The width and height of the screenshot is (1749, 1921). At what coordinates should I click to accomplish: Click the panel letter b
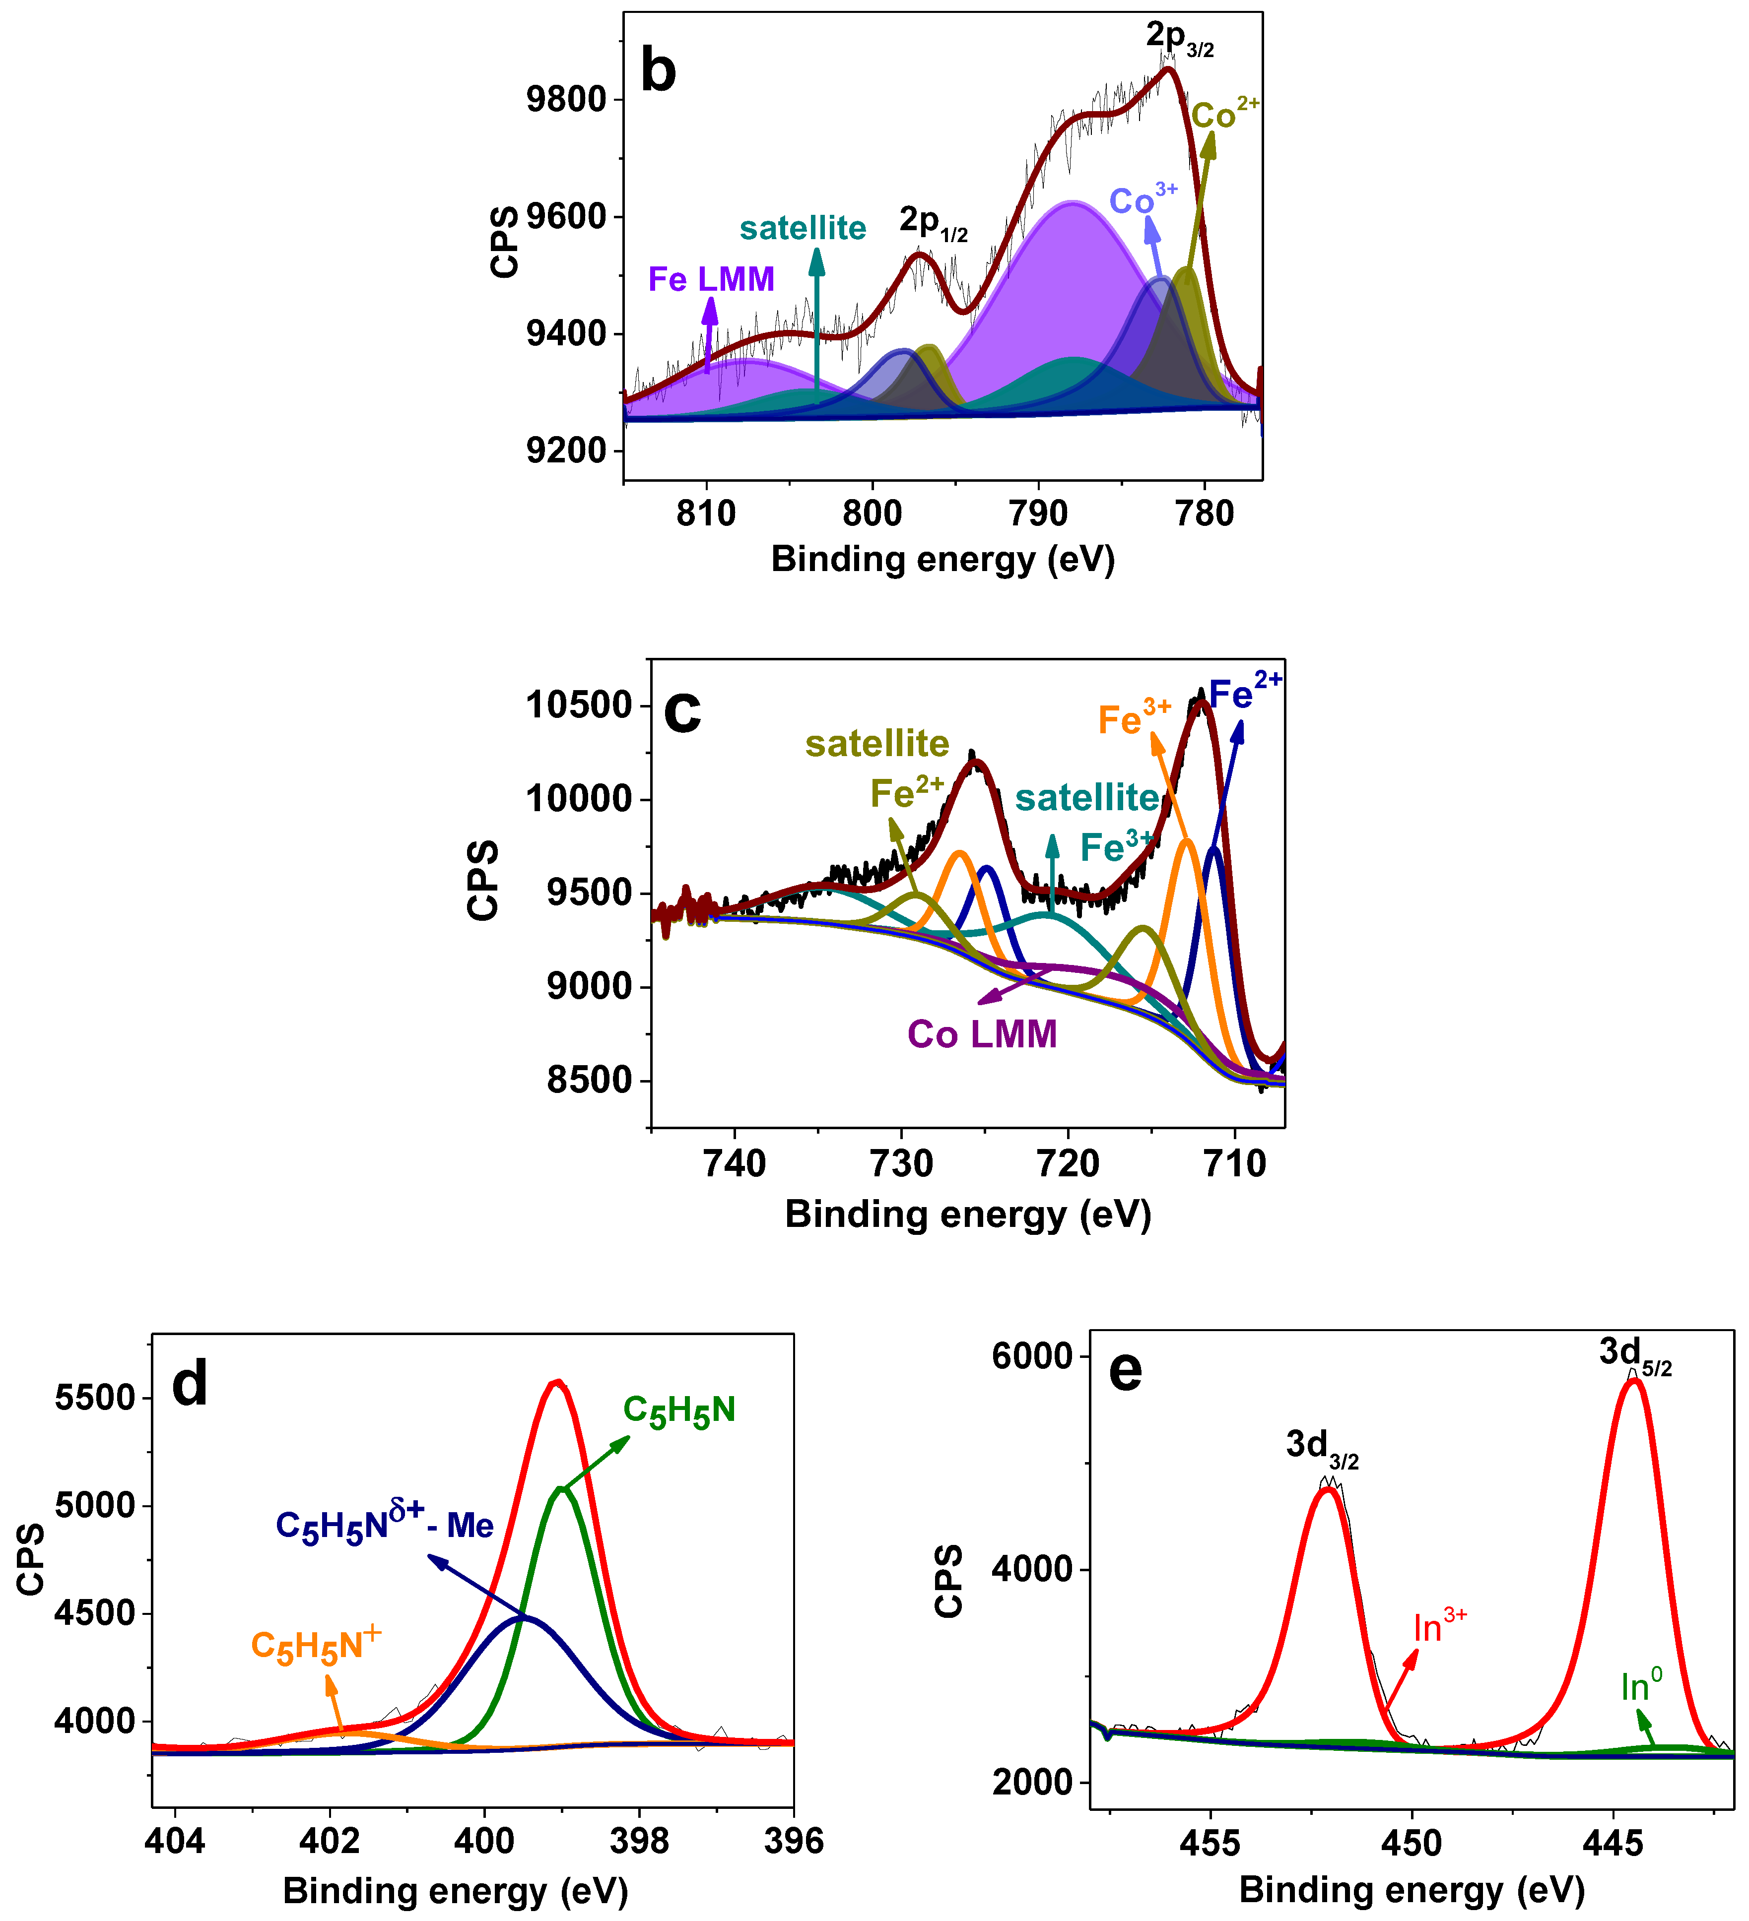(x=658, y=71)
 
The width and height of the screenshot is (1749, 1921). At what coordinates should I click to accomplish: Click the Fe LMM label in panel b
(x=711, y=279)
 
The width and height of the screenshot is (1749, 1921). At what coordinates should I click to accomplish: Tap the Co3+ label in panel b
(x=1143, y=200)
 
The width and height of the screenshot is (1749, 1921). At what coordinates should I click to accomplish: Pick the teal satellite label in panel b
(x=803, y=229)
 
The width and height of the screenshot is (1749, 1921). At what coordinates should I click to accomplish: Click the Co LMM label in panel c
(x=982, y=1035)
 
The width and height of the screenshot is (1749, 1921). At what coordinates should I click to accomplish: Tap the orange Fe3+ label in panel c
(x=1133, y=718)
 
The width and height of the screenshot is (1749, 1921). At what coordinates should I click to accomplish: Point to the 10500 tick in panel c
(x=579, y=705)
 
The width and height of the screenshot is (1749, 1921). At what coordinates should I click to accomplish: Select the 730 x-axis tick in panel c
(x=902, y=1163)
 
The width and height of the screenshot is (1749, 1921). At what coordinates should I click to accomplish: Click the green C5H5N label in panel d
(x=678, y=1411)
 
